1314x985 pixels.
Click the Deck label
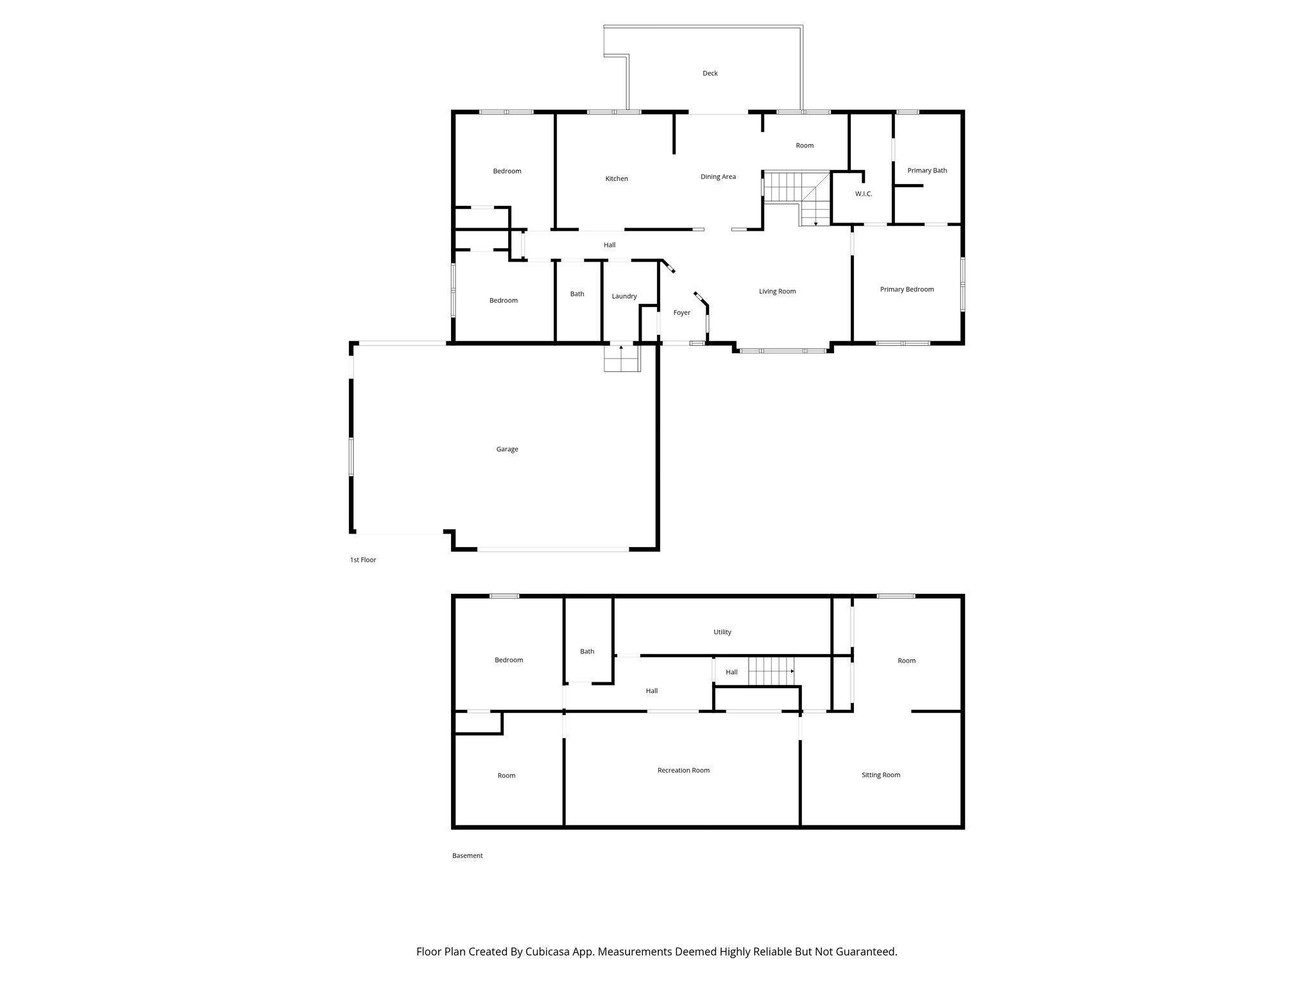pos(710,73)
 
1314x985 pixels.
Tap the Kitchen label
pos(617,179)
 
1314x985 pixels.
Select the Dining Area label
pos(718,177)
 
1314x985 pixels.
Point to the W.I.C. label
pos(864,194)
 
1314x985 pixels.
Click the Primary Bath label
pos(927,171)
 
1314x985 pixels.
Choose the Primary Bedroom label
pos(907,289)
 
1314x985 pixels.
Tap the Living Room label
pos(777,291)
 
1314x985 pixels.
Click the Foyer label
pos(681,313)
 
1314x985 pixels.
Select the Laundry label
pos(624,296)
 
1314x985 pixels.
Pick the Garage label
pos(507,449)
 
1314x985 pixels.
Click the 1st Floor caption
pos(363,560)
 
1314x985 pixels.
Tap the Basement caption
pos(467,855)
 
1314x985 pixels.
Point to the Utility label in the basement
pos(722,632)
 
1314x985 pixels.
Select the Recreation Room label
pos(683,770)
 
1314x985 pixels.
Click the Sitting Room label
pos(880,775)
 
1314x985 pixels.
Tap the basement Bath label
pos(587,652)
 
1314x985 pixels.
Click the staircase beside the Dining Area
pos(796,198)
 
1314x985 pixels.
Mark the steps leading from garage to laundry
pos(622,358)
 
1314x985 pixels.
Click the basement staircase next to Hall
pos(772,671)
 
